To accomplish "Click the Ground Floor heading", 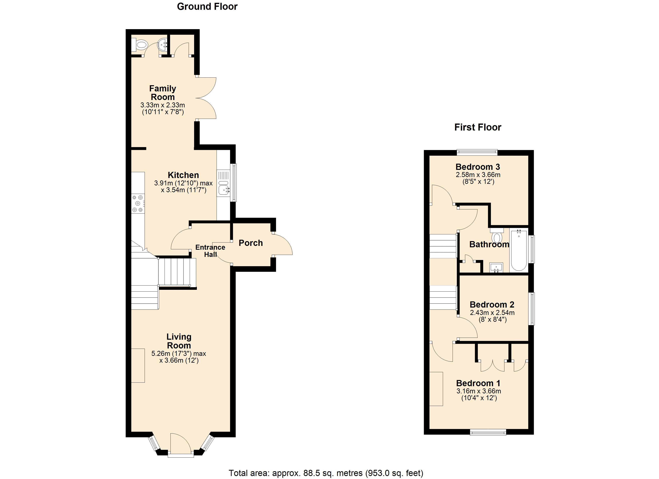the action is pyautogui.click(x=207, y=6).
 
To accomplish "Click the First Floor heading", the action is pyautogui.click(x=478, y=127).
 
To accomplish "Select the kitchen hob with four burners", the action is pyautogui.click(x=138, y=203).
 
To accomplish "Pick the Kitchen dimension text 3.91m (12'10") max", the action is pyautogui.click(x=183, y=183).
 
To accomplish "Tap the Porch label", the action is pyautogui.click(x=251, y=243).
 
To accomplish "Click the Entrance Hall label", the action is pyautogui.click(x=210, y=251).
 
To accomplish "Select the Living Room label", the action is pyautogui.click(x=179, y=341).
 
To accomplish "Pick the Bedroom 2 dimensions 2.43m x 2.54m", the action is pyautogui.click(x=492, y=313).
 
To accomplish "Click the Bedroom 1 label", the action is pyautogui.click(x=478, y=383).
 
